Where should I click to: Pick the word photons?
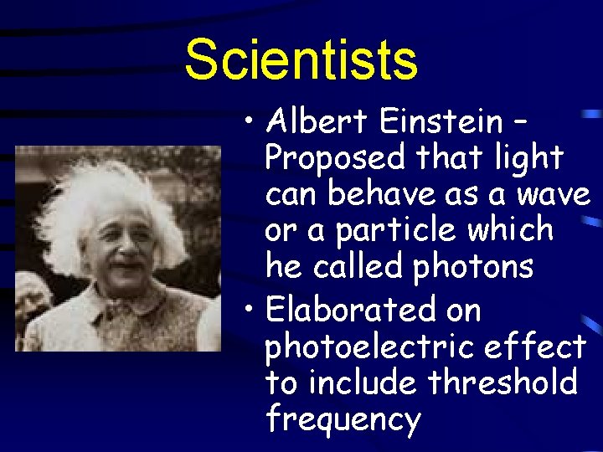tap(473, 267)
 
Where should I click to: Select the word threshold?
tap(502, 383)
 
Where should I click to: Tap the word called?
tap(358, 267)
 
